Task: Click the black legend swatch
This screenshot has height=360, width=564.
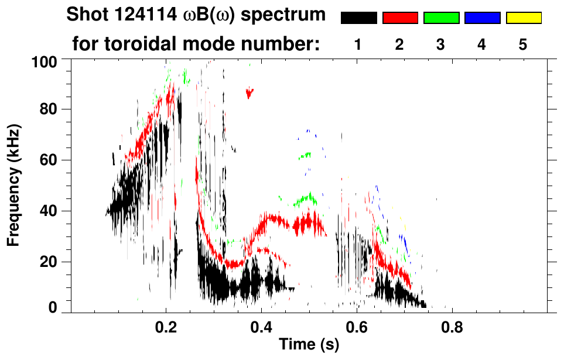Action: click(x=358, y=18)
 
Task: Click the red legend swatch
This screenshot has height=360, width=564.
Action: click(x=400, y=18)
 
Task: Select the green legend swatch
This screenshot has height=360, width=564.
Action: click(x=441, y=18)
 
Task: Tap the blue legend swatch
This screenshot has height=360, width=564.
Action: click(x=482, y=18)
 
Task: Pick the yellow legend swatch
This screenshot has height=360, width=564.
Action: click(x=523, y=18)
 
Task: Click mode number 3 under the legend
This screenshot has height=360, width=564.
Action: click(x=441, y=44)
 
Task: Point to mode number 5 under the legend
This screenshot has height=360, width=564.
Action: click(x=523, y=44)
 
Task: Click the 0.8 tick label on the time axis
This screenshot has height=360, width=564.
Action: click(x=451, y=328)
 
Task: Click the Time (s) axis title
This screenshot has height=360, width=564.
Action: click(x=309, y=345)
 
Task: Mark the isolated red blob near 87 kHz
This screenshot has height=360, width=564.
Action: click(x=250, y=92)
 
